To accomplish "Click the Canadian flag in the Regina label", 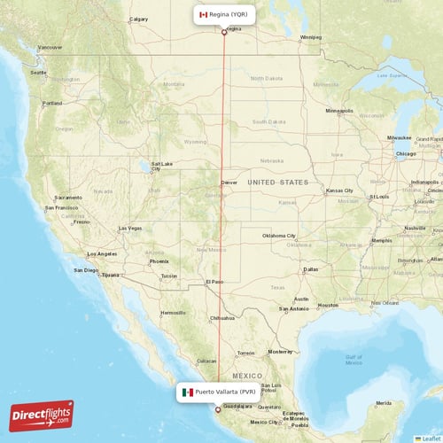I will [203, 15].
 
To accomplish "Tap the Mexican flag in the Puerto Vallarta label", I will [188, 392].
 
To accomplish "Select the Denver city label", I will [229, 182].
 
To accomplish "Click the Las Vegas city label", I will [129, 229].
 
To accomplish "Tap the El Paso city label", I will [214, 282].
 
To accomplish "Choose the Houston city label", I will [328, 305].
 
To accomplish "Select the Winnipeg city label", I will [311, 37].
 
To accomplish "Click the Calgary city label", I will [138, 19].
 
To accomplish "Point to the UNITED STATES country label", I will [278, 182].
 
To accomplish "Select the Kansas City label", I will [339, 190].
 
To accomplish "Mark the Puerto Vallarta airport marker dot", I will [218, 409].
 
